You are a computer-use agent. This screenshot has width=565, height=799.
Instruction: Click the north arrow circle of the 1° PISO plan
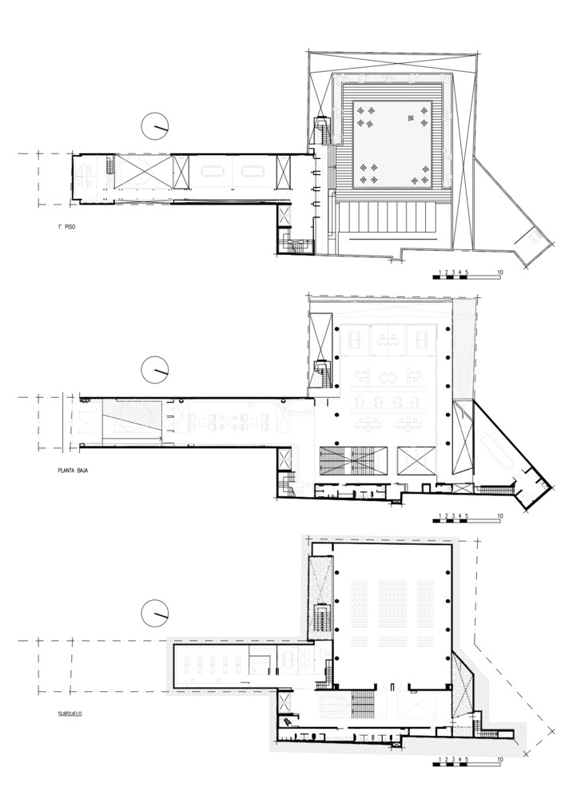click(x=155, y=126)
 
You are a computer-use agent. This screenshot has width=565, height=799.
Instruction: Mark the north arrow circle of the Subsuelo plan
click(x=155, y=614)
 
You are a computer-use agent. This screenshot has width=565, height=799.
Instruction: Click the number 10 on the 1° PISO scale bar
click(x=500, y=272)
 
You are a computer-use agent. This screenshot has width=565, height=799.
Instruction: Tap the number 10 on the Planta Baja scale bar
click(x=500, y=516)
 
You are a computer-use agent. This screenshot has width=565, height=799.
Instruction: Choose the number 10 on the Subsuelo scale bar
click(x=500, y=760)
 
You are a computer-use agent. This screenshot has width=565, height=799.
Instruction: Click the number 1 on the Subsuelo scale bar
click(x=440, y=760)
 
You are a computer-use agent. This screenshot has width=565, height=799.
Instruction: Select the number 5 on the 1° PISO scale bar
click(x=467, y=272)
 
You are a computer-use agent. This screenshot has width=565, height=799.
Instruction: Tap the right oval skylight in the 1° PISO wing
click(x=253, y=171)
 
